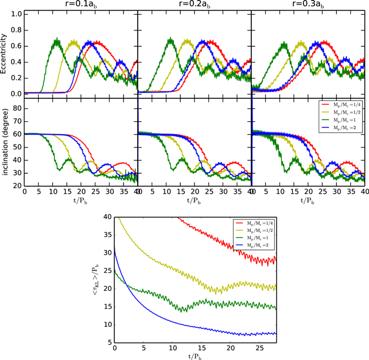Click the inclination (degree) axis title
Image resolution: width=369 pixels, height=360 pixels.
pos(5,144)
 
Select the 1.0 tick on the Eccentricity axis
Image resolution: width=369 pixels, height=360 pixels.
pos(16,13)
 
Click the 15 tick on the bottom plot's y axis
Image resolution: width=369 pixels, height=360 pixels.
pos(105,306)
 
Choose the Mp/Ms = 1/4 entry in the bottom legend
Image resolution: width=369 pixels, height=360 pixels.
pos(261,222)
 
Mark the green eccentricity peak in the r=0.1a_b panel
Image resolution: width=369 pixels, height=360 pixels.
pos(57,40)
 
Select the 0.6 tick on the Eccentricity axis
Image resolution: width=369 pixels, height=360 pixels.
pos(16,46)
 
